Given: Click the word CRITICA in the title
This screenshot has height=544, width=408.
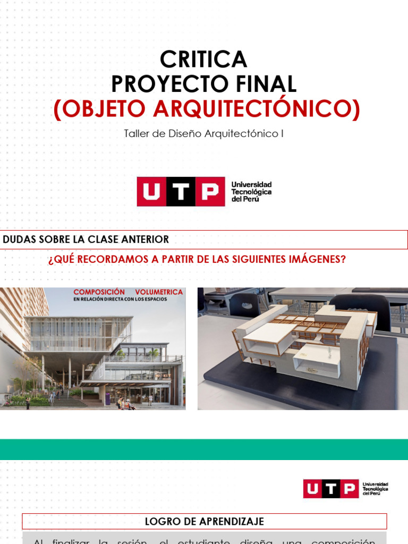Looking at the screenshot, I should (x=203, y=59).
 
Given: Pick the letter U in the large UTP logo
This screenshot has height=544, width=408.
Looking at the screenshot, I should (x=151, y=192).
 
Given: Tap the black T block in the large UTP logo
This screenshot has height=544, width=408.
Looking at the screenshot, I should (x=181, y=192).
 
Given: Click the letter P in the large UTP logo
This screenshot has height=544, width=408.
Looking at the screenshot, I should (x=210, y=192).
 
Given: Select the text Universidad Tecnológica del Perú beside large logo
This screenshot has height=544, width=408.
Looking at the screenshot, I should (x=251, y=191).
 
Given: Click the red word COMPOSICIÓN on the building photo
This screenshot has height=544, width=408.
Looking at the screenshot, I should (x=99, y=292).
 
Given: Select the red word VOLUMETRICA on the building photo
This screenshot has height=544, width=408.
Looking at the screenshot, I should (x=159, y=292).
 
